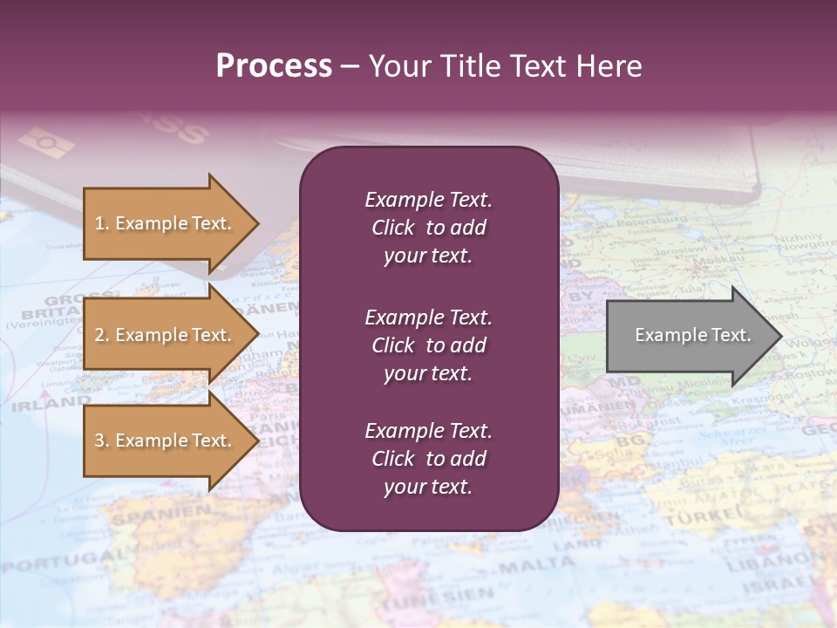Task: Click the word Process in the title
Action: click(274, 66)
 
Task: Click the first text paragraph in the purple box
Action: click(428, 228)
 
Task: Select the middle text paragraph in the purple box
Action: click(428, 345)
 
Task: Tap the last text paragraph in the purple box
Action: click(428, 459)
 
